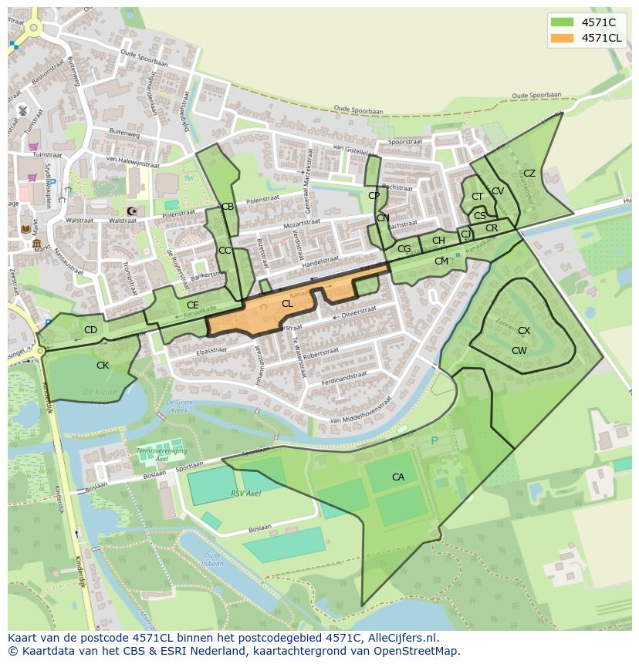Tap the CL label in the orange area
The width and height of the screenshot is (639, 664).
tap(287, 304)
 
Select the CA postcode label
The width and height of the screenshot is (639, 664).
tap(398, 477)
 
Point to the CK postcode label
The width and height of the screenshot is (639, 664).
tap(103, 366)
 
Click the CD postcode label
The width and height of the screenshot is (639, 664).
tap(90, 330)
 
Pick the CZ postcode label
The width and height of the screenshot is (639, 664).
tap(529, 174)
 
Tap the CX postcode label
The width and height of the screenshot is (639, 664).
tap(524, 331)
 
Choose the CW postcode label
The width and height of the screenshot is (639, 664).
tap(519, 351)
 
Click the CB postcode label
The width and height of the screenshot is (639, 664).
tap(228, 207)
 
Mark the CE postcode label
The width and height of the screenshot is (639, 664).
tap(193, 305)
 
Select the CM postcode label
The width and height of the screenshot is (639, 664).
tap(441, 261)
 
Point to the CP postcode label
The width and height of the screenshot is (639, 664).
tap(374, 196)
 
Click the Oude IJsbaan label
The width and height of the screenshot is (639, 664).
tap(213, 558)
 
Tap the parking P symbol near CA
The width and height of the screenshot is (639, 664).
tap(434, 441)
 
